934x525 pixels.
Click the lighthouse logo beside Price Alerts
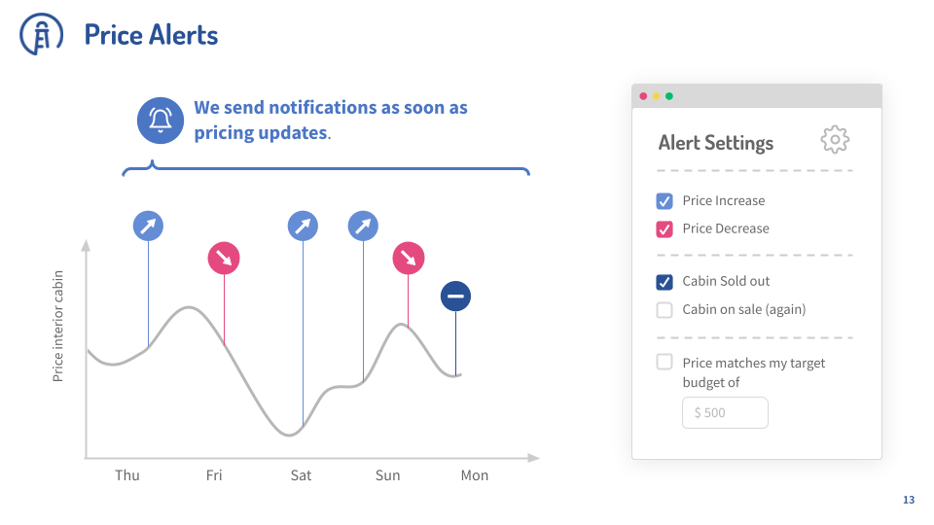coord(41,34)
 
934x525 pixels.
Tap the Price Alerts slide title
coord(151,35)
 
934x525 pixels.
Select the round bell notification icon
coord(161,121)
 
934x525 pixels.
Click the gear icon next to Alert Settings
coord(835,140)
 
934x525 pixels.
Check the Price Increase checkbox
coord(665,201)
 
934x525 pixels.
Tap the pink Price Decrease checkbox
coord(665,229)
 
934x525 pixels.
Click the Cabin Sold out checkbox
coord(665,282)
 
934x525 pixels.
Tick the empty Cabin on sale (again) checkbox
coord(665,310)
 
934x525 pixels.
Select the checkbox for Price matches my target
coord(665,362)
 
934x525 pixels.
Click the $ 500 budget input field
coord(725,412)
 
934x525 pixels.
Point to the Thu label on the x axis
coord(126,475)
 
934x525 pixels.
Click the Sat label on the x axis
coord(301,475)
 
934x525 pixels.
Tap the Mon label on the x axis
coord(474,475)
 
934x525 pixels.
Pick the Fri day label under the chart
coord(214,475)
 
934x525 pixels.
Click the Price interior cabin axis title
coord(57,327)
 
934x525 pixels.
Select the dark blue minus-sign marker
coord(455,296)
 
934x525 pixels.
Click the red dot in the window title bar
coord(643,96)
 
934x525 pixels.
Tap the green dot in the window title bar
coord(669,96)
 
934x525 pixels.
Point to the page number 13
coord(909,500)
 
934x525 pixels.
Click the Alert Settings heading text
coord(716,143)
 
